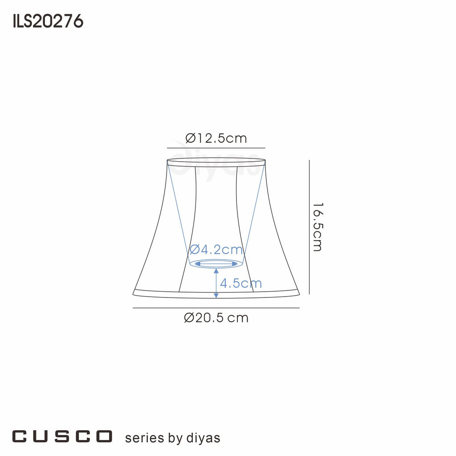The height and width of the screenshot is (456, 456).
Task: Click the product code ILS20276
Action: coord(48,21)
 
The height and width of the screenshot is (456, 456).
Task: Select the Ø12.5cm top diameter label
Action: coord(216,138)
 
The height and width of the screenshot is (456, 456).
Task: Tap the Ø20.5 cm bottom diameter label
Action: coord(216,318)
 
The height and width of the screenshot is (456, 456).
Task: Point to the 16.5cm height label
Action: coord(317,227)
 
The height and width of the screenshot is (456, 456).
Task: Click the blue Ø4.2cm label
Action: coord(216,250)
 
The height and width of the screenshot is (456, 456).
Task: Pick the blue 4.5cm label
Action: coord(241,283)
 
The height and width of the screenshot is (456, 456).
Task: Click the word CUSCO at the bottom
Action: coord(62,436)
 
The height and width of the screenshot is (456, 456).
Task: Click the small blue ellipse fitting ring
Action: coord(216,264)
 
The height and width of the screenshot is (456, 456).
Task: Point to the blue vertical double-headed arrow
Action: coord(216,283)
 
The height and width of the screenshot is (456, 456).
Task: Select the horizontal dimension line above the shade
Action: coord(216,148)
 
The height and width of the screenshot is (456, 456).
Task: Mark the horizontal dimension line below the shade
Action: coord(216,308)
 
